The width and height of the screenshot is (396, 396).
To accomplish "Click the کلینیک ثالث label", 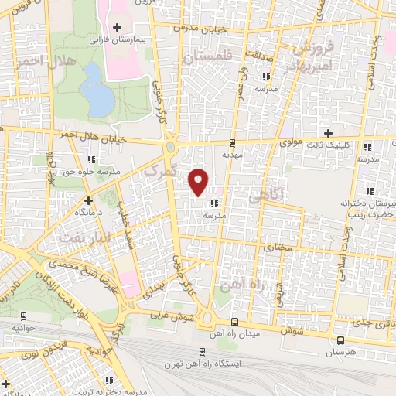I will point(346,145).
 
